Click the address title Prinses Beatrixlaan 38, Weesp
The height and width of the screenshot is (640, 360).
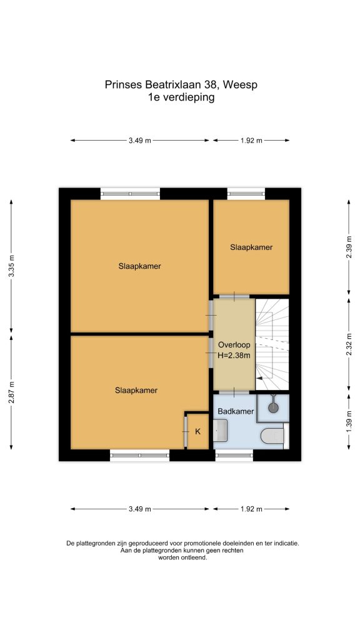[181, 84]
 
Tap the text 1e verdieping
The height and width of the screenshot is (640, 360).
[181, 97]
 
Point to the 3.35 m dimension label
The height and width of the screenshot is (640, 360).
[11, 266]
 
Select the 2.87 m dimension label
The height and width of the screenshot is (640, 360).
[11, 392]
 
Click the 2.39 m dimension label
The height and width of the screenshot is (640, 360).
[349, 247]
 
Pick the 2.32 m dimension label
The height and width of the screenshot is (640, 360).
[349, 345]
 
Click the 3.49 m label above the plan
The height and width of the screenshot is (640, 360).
[140, 141]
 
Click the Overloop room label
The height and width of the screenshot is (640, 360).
[234, 345]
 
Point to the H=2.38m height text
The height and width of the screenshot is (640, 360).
[234, 356]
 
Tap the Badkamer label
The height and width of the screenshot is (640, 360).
[236, 411]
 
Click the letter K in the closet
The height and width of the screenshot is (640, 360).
[198, 432]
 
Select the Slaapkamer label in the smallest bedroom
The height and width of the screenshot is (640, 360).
[251, 247]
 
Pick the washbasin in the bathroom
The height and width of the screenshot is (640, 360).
[221, 430]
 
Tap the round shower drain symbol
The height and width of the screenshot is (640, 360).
[273, 407]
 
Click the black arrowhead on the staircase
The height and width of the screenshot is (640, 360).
[259, 378]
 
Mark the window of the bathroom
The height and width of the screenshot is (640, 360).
[234, 455]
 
